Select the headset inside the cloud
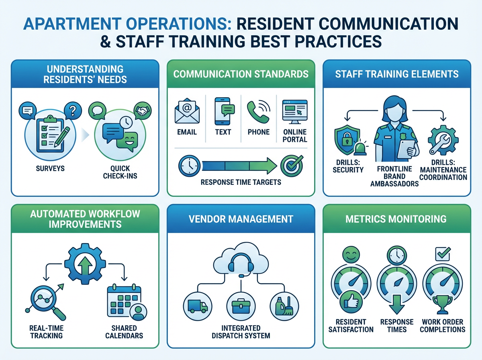(240, 265)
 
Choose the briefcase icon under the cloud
(240, 305)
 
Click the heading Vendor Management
(240, 219)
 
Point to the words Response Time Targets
(240, 182)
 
